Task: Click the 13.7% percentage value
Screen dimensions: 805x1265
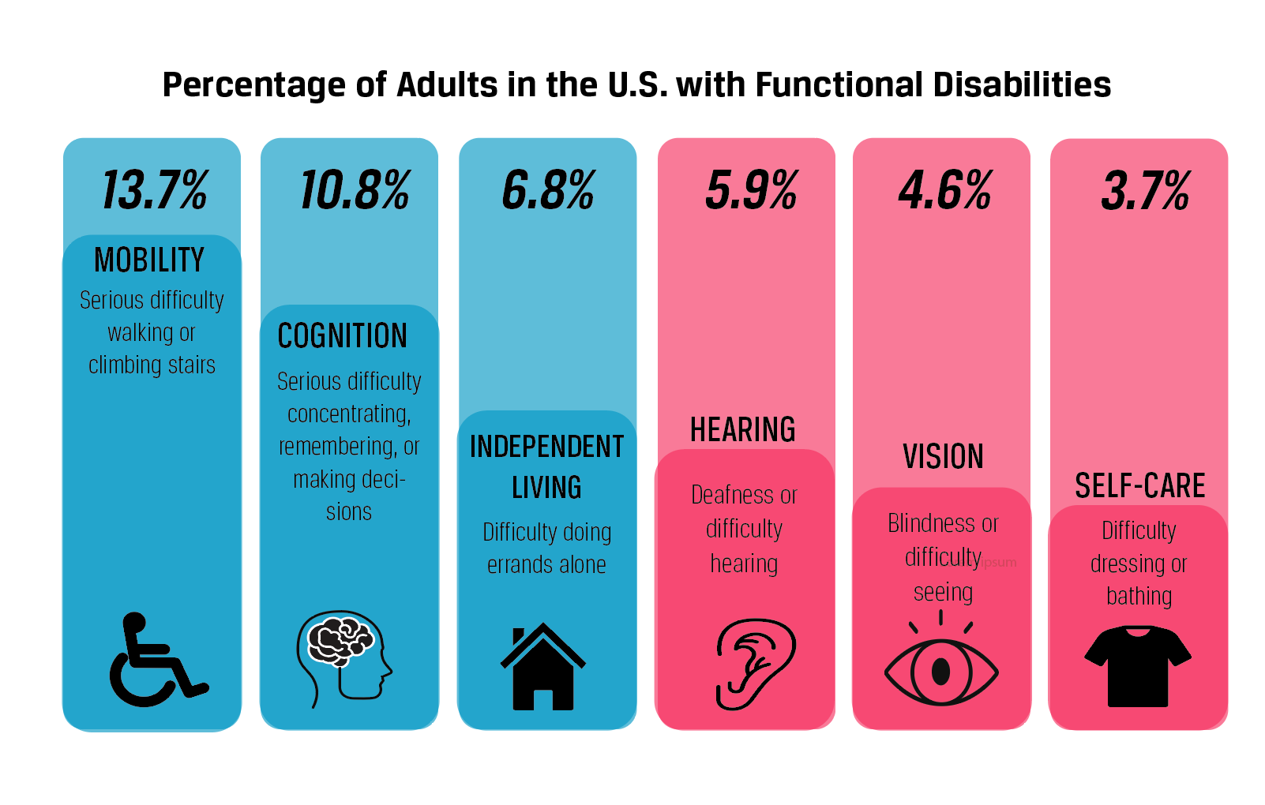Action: (155, 190)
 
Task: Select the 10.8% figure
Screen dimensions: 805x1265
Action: (355, 190)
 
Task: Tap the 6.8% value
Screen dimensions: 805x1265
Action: (548, 190)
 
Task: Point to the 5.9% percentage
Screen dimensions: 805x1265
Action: (751, 190)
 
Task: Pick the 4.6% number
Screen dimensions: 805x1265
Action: (944, 190)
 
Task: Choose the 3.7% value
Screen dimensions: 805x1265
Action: (1145, 190)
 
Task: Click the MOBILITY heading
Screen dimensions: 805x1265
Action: (149, 260)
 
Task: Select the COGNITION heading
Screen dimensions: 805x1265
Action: (343, 336)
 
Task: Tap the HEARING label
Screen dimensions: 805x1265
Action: (742, 430)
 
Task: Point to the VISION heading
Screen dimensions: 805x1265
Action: (943, 457)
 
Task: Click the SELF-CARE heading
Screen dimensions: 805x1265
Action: (1139, 485)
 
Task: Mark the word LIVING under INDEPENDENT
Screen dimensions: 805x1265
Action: (546, 488)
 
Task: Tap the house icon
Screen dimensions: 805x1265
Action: (542, 668)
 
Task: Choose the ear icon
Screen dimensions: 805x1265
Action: (754, 663)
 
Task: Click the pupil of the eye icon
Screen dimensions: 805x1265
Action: (940, 671)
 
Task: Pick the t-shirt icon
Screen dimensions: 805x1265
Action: (1138, 665)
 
